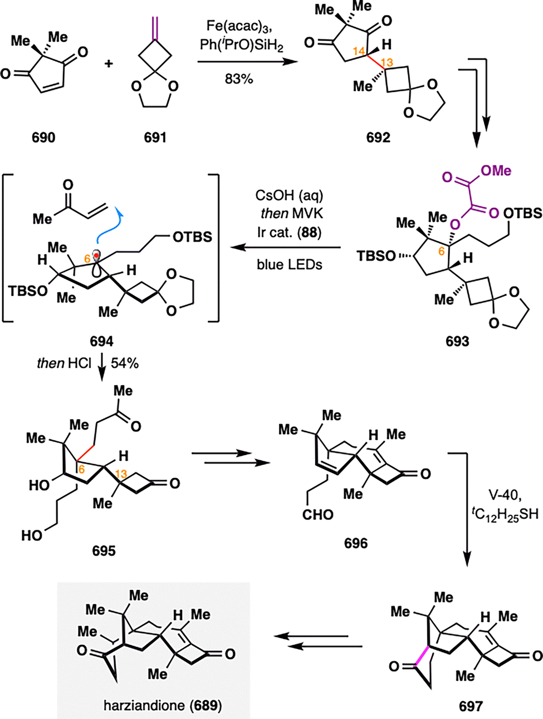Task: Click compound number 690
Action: point(43,137)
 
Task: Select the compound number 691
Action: point(155,137)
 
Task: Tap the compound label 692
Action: point(378,137)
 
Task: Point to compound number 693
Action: point(457,342)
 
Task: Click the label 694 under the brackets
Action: point(101,342)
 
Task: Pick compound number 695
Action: point(104,551)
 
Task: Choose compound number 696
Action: point(355,544)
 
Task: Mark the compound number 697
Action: point(471,706)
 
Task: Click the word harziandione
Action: point(144,705)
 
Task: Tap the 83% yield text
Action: point(239,79)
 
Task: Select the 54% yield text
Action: point(125,363)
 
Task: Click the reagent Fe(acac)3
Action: point(239,27)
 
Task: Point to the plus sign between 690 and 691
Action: point(109,63)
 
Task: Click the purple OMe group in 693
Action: point(496,170)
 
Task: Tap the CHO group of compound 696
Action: point(317,515)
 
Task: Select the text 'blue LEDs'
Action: point(290,264)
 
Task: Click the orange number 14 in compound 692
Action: point(360,51)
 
